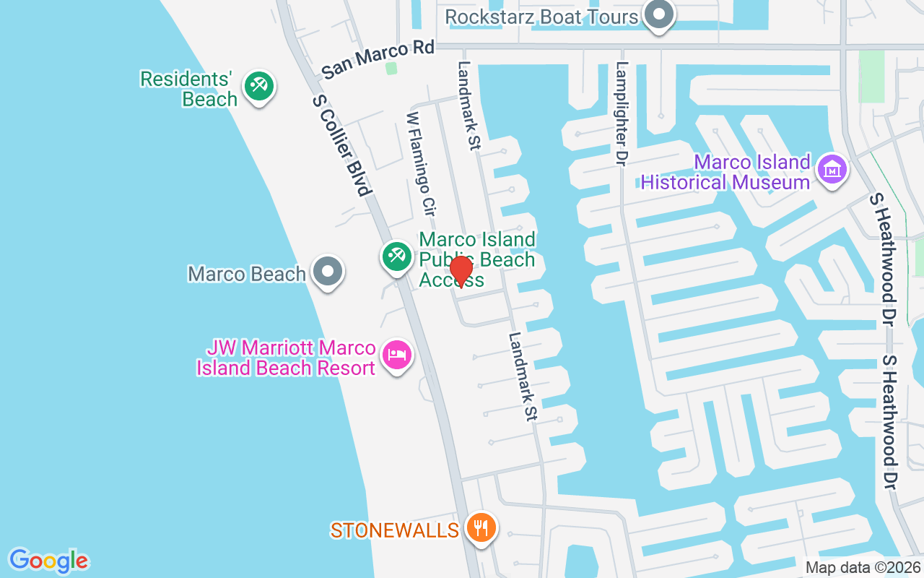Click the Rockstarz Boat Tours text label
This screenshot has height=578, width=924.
tap(541, 16)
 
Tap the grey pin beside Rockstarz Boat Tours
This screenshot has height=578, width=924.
tap(658, 14)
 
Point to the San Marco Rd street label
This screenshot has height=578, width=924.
tap(378, 59)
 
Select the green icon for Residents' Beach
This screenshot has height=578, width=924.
tap(258, 86)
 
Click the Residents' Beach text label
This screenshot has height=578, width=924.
tap(189, 89)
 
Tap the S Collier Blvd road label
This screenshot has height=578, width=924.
tap(342, 144)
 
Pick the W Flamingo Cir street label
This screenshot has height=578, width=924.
tap(422, 165)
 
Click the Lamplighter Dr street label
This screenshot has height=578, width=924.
tap(620, 113)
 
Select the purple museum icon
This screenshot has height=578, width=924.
tap(832, 170)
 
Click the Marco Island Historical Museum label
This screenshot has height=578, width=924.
tap(725, 172)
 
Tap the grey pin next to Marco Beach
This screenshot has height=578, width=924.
tap(328, 272)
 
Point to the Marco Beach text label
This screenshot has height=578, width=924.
tap(247, 274)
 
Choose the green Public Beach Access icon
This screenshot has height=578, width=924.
tap(396, 256)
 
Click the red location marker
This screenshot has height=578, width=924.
tap(461, 271)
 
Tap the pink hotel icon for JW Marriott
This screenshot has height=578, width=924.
tap(396, 355)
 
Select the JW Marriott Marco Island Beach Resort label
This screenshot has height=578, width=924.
tap(286, 358)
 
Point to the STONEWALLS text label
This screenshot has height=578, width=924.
tap(394, 530)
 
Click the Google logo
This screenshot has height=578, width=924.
tap(49, 560)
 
